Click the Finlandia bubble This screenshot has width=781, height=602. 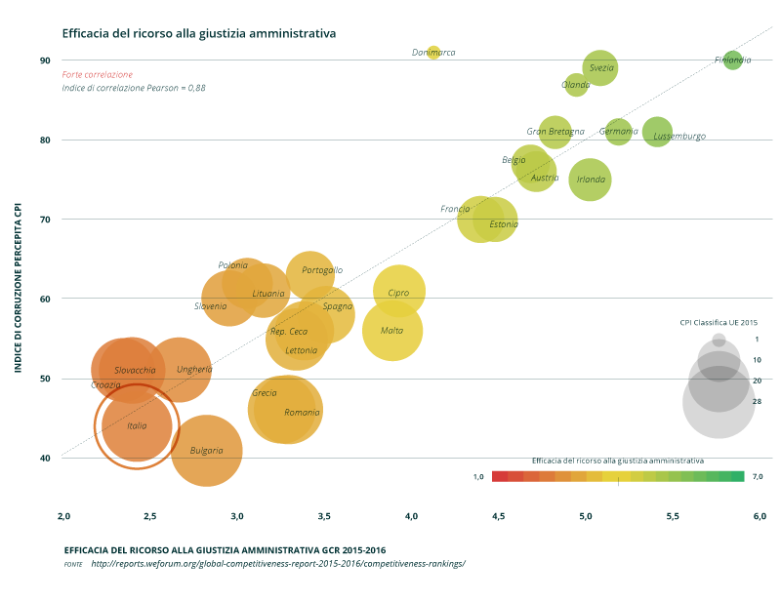732,60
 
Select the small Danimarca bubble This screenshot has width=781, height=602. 432,53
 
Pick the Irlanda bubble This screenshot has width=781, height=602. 590,180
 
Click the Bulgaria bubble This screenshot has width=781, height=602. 206,451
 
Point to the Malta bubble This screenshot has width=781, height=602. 392,331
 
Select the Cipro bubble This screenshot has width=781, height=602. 398,291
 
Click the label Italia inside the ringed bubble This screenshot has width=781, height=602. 137,426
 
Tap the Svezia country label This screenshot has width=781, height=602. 601,68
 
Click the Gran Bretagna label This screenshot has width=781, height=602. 555,132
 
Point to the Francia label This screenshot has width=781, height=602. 455,209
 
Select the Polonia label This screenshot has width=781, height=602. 232,265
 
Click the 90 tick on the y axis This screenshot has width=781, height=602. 45,60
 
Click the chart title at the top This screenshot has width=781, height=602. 198,33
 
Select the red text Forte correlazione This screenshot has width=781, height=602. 97,74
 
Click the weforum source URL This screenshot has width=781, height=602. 278,563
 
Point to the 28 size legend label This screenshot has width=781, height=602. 757,401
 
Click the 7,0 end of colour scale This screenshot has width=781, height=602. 757,476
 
